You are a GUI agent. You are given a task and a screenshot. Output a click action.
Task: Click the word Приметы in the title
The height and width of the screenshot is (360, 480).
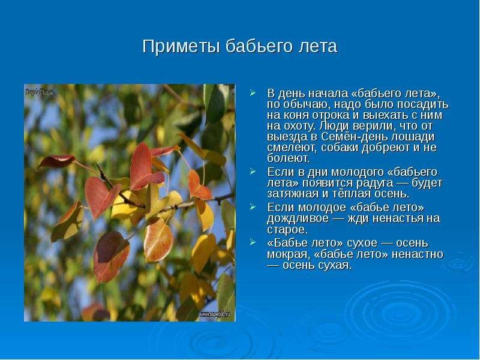(181, 47)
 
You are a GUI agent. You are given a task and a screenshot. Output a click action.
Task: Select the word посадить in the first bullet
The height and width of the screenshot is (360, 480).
(423, 104)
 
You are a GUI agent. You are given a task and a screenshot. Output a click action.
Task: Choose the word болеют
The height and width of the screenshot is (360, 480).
(289, 158)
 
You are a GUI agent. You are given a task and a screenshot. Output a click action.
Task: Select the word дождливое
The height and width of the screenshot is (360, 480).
(298, 218)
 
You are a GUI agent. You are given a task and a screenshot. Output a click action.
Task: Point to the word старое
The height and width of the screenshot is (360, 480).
(287, 230)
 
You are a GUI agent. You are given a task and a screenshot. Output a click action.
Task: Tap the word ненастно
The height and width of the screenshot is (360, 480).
(417, 254)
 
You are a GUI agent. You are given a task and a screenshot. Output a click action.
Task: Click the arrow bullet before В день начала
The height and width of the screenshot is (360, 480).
(253, 93)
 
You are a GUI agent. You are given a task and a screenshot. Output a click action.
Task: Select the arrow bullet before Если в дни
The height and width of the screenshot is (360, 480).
(253, 172)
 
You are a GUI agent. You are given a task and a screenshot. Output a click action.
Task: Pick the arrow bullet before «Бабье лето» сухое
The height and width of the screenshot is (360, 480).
(253, 243)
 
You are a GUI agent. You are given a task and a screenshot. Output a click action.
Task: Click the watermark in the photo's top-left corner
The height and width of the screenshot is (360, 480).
(39, 92)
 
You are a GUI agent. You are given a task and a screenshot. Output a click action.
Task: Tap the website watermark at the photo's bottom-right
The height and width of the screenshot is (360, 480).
(215, 314)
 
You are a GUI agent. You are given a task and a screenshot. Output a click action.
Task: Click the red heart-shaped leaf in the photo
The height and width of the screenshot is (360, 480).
(101, 197)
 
